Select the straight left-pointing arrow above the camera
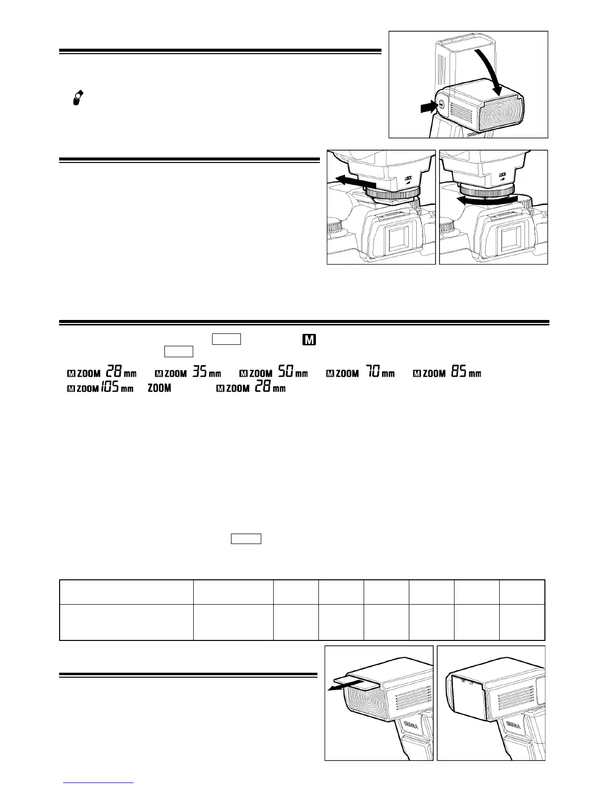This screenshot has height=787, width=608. (354, 180)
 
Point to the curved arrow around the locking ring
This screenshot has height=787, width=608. (487, 200)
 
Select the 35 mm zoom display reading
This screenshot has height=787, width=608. (188, 373)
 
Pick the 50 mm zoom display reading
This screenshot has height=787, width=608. (274, 373)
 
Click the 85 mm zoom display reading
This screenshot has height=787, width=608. (448, 373)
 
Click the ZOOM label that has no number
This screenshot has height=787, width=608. (159, 388)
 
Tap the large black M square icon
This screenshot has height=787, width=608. (308, 340)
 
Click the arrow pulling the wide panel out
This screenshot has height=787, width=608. (343, 686)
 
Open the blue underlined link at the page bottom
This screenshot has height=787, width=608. (98, 783)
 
